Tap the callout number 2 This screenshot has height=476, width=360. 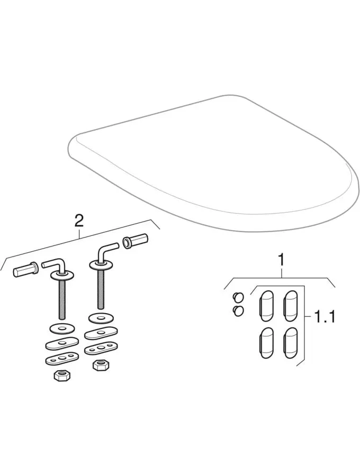tap(79, 221)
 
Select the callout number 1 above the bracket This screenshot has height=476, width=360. tap(282, 260)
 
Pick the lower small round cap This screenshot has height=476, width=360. tap(238, 311)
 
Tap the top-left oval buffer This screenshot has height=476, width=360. tap(266, 306)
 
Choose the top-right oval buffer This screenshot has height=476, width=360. tap(290, 306)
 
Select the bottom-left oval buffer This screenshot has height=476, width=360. tap(266, 342)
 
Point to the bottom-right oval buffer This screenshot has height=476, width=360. tap(291, 342)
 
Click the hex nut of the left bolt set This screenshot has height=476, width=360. tap(62, 376)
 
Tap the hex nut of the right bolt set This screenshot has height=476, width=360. tap(101, 365)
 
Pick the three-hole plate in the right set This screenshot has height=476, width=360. tap(101, 348)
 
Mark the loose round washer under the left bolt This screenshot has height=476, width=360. tap(61, 329)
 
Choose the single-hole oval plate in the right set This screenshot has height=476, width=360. tap(101, 333)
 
